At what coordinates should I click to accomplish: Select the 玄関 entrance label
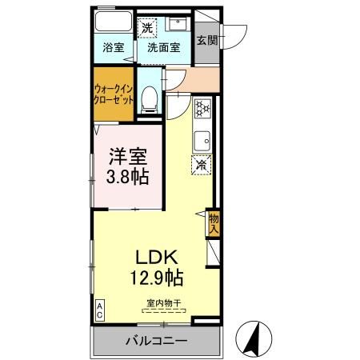click(x=206, y=39)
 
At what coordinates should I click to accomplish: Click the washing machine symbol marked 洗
click(x=147, y=28)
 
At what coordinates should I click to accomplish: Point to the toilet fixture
click(x=148, y=99)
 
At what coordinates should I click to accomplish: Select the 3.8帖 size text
click(x=129, y=178)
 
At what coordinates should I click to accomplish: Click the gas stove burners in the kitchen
click(x=202, y=108)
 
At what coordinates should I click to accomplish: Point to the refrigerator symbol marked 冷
click(x=202, y=165)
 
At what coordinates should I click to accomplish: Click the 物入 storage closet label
click(x=214, y=222)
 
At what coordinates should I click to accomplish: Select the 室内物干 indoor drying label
click(x=163, y=303)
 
